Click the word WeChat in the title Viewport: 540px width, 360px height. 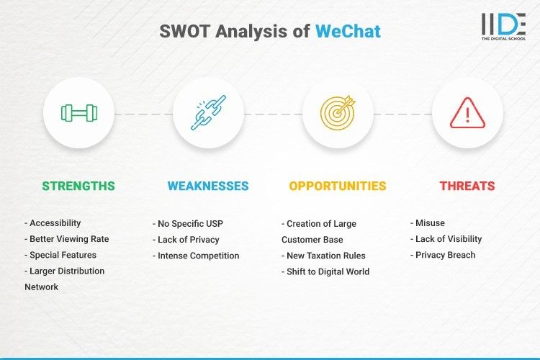[348, 31]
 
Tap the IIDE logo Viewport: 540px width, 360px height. [503, 27]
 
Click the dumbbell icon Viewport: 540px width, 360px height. [78, 113]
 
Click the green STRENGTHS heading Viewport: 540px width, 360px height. [78, 186]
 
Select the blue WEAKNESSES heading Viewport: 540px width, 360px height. [208, 186]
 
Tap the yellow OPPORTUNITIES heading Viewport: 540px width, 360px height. [338, 186]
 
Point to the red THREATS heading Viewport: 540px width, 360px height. [467, 186]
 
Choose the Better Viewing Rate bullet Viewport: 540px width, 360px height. [66, 239]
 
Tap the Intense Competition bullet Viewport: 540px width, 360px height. [196, 256]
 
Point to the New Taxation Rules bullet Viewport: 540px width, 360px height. [325, 256]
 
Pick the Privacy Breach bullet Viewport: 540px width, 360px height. [443, 255]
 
